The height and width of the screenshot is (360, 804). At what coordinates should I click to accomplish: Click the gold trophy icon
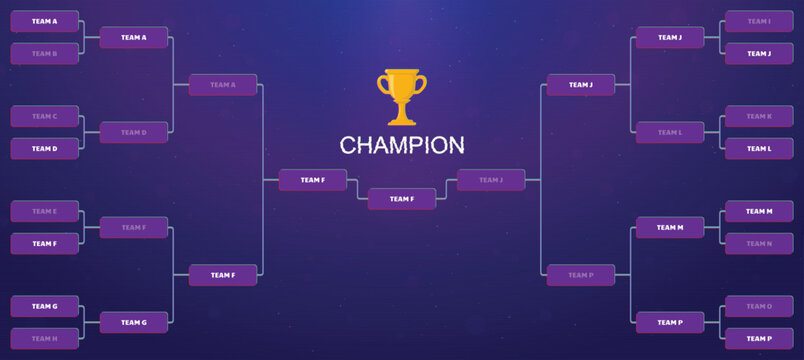[401, 96]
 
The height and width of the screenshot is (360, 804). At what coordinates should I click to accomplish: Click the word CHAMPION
[401, 146]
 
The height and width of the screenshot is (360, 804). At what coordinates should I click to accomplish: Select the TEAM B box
[44, 53]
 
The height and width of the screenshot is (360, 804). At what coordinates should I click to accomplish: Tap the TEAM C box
[44, 116]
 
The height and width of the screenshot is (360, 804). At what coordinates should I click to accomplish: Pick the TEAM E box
[44, 211]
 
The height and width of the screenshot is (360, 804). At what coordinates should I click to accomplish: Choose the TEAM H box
[44, 338]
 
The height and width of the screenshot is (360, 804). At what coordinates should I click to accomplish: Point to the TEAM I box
[759, 21]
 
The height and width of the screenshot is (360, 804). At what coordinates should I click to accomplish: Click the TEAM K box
[759, 116]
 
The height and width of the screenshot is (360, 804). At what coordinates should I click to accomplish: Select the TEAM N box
[759, 243]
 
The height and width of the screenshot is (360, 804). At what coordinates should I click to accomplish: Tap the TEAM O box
[759, 306]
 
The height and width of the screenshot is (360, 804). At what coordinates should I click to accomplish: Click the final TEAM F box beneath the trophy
[401, 199]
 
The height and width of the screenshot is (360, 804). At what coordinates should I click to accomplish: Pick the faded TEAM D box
[133, 132]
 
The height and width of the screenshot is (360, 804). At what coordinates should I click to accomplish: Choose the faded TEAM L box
[670, 132]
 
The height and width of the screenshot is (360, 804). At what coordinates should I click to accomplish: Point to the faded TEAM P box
[580, 274]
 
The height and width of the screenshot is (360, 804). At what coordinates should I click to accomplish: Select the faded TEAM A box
[223, 85]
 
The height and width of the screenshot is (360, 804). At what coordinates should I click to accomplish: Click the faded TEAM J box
[491, 180]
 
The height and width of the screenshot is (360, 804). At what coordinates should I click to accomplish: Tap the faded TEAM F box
[133, 227]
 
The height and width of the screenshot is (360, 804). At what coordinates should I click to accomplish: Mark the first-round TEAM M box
[759, 211]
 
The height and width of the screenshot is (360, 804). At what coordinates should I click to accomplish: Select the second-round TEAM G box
[133, 322]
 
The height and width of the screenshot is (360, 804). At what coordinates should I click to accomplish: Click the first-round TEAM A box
[44, 21]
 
